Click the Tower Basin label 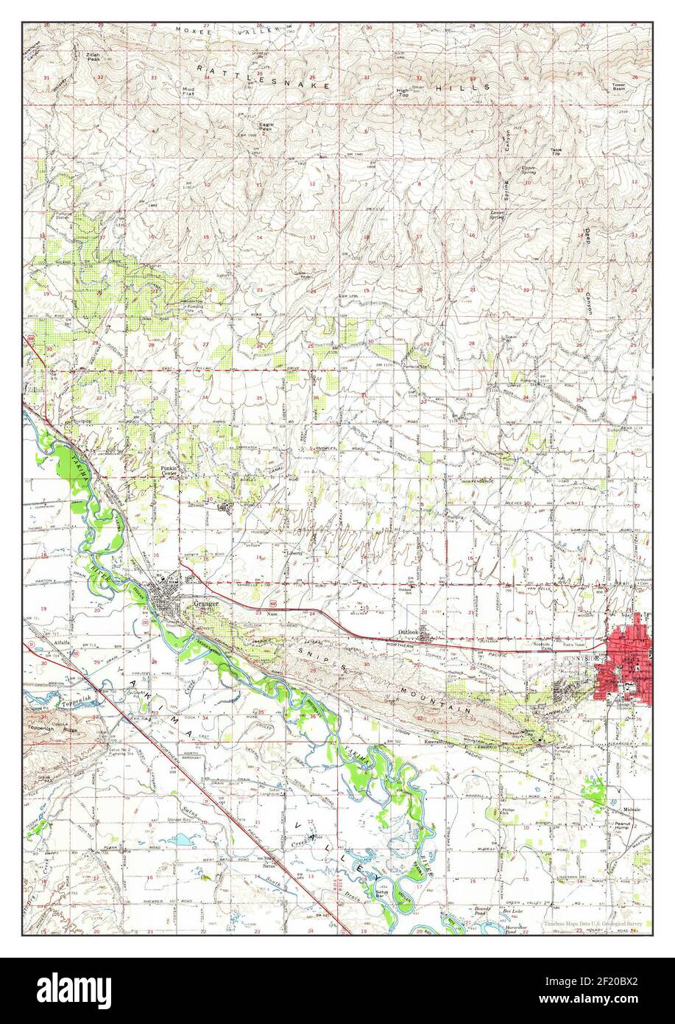coord(619,85)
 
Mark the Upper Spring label coord(528,169)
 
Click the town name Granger coord(206,603)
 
